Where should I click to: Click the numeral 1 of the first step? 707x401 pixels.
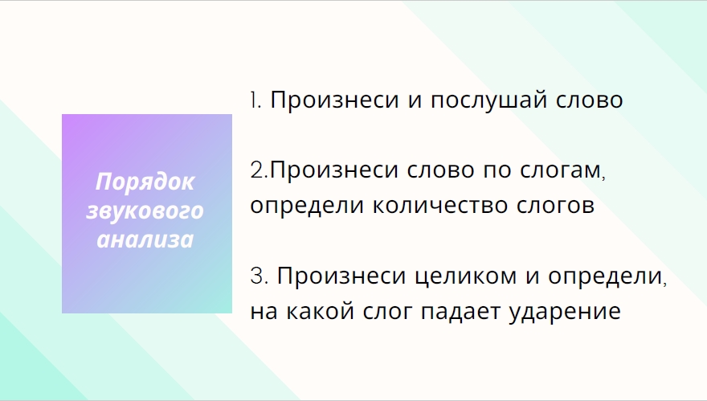[x=253, y=100]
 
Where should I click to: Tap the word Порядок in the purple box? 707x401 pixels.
[x=145, y=182]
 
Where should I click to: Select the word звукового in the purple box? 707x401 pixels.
[x=145, y=211]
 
